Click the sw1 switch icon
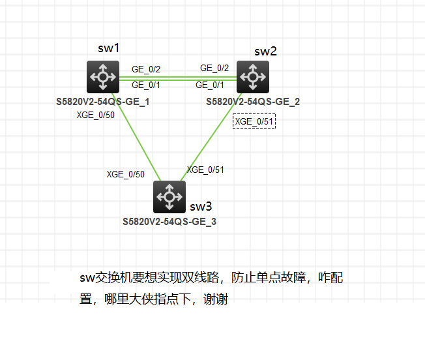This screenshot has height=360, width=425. (x=102, y=76)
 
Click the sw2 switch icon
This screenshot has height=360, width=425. (x=252, y=76)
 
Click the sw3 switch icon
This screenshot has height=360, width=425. (x=169, y=196)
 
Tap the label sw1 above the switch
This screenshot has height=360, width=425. (x=108, y=48)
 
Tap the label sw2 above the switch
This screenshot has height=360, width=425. (x=265, y=52)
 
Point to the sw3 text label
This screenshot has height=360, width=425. (x=201, y=207)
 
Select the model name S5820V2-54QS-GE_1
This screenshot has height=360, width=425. (x=103, y=102)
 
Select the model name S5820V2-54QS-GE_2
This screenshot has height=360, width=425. (x=253, y=102)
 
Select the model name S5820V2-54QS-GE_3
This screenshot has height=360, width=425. (x=169, y=222)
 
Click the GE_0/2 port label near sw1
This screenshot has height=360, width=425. (x=146, y=68)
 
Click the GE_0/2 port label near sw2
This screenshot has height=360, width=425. (x=214, y=68)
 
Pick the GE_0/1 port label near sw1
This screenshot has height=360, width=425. (x=146, y=85)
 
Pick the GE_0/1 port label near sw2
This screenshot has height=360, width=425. (x=210, y=85)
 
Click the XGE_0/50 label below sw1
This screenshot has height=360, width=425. (x=96, y=115)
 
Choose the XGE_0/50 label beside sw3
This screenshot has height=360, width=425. (x=126, y=174)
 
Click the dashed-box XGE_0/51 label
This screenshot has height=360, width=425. (x=255, y=121)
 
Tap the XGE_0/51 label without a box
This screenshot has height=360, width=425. (x=205, y=170)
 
